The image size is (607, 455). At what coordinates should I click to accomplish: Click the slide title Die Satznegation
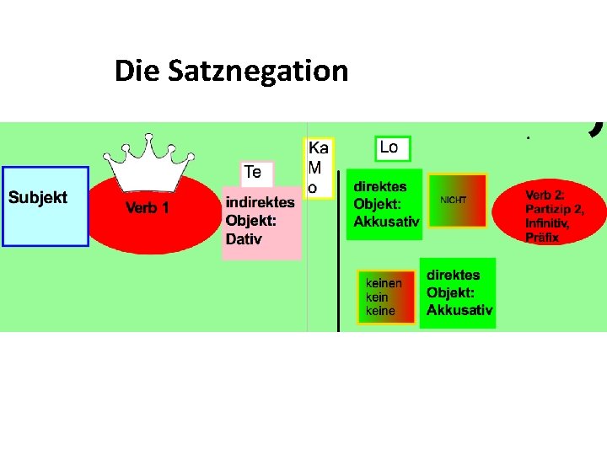tap(231, 71)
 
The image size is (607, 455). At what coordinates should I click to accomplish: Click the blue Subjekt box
tap(46, 206)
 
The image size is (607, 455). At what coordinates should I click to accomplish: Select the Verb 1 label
tap(148, 208)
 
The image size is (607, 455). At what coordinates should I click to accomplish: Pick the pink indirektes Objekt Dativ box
tap(261, 222)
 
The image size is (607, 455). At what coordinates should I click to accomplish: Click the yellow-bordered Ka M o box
tap(319, 169)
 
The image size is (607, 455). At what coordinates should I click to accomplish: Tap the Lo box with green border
tap(393, 148)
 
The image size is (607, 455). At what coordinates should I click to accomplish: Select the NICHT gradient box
tap(458, 201)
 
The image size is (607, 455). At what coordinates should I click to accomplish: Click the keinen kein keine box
tap(385, 297)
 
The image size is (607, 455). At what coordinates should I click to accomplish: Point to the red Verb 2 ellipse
tap(550, 214)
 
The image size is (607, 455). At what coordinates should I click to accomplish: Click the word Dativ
tap(244, 239)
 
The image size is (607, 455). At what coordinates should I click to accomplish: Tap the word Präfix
tap(542, 238)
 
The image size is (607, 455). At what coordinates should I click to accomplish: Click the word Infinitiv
tap(549, 224)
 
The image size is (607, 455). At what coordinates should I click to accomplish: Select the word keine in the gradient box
tap(380, 311)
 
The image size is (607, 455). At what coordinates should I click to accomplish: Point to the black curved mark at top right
tap(597, 128)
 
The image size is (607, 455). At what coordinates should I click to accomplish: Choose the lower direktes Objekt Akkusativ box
tap(459, 292)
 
